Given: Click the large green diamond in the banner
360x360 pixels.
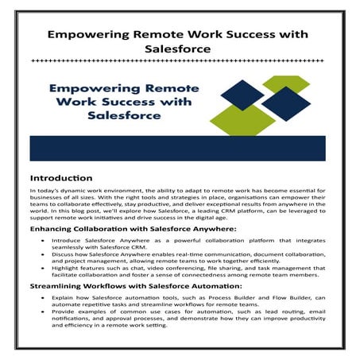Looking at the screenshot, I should (232, 118).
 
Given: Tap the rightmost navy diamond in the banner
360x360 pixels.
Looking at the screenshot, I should (286, 103).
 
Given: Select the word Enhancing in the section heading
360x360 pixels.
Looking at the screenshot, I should (56, 229).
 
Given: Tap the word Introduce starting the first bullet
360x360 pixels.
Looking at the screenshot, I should (68, 241).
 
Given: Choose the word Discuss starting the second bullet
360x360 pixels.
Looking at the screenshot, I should (64, 257).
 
